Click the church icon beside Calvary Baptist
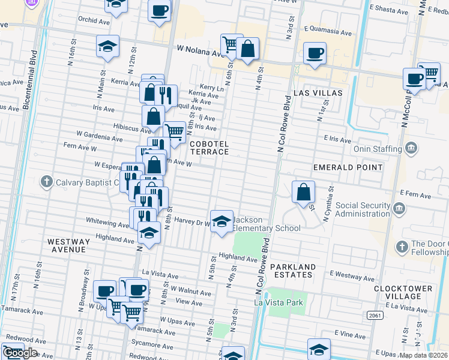[47, 182]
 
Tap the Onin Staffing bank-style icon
[411, 148]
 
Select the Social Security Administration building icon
[400, 209]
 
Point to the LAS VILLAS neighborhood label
[318, 93]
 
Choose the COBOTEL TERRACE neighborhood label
[209, 148]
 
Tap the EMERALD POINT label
[348, 167]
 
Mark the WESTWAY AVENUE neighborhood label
[68, 245]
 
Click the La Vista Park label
[279, 303]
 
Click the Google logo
[20, 353]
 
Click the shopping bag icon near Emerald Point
[304, 192]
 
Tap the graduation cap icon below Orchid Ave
[107, 47]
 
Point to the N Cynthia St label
[329, 204]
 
